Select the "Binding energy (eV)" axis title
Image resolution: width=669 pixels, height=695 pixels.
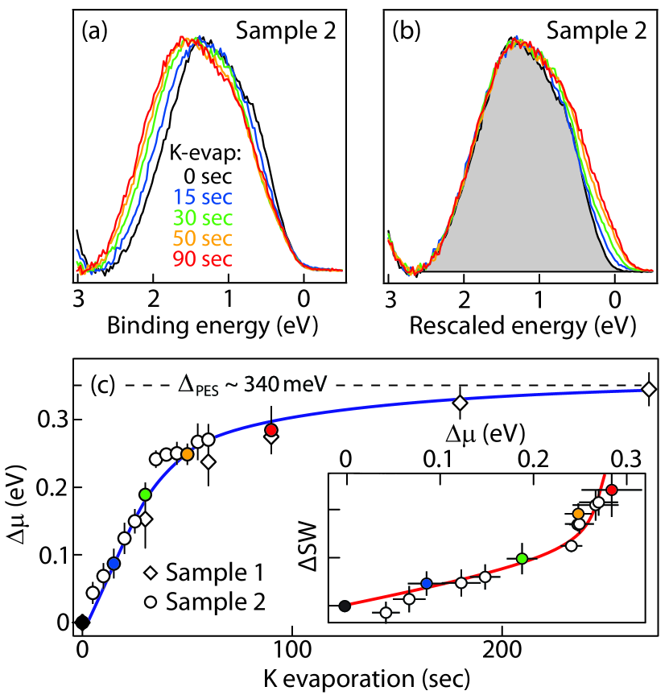tap(208, 325)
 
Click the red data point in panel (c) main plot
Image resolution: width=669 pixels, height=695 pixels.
tap(271, 430)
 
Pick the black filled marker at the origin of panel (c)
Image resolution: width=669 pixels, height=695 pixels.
tap(82, 622)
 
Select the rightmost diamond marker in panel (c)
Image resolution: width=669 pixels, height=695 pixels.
tap(649, 389)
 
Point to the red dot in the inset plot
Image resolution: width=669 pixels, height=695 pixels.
tap(612, 490)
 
